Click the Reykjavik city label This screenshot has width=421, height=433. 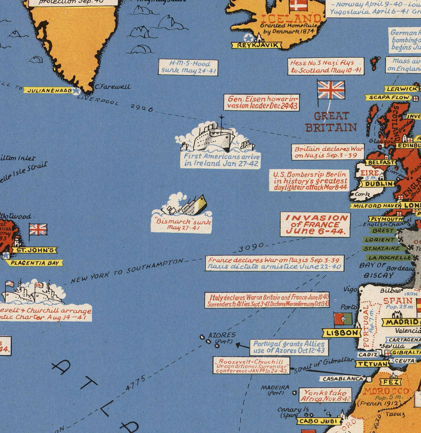pyautogui.click(x=256, y=45)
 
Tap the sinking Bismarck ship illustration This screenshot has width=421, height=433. pyautogui.click(x=184, y=205)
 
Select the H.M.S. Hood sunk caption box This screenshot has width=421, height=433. pyautogui.click(x=188, y=67)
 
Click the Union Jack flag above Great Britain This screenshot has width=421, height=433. pyautogui.click(x=331, y=90)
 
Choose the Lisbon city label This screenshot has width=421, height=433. pyautogui.click(x=341, y=332)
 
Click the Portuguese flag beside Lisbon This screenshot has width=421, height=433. pyautogui.click(x=342, y=319)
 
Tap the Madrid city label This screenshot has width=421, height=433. pyautogui.click(x=401, y=322)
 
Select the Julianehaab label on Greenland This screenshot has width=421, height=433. pyautogui.click(x=47, y=90)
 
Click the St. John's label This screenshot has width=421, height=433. pyautogui.click(x=34, y=250)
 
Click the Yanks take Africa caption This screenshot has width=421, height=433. pyautogui.click(x=325, y=396)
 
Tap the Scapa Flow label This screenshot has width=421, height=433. pyautogui.click(x=388, y=97)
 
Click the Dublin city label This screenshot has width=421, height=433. pyautogui.click(x=377, y=184)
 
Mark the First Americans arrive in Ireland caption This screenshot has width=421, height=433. pyautogui.click(x=220, y=160)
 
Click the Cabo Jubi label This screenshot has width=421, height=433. pyautogui.click(x=318, y=421)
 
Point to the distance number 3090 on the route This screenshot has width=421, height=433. pyautogui.click(x=251, y=247)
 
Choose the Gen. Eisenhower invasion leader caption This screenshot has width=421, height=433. pyautogui.click(x=261, y=102)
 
